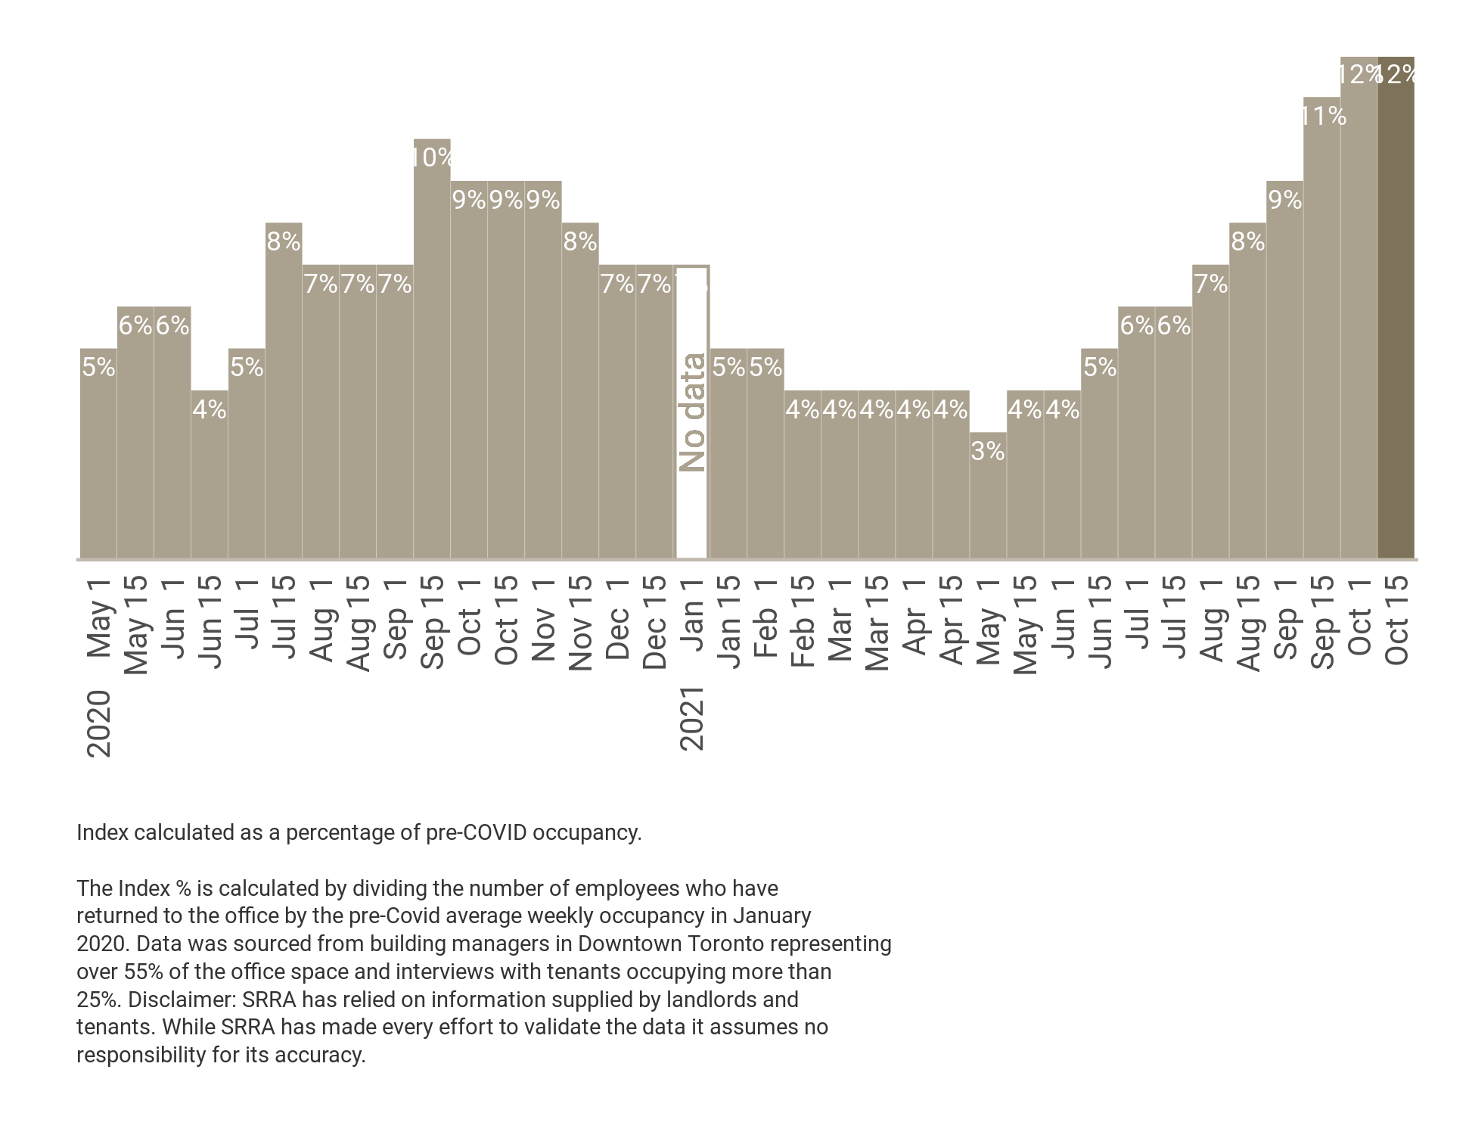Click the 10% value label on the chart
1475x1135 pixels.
(433, 157)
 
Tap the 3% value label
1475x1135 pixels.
(987, 451)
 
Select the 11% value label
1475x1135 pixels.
(1324, 116)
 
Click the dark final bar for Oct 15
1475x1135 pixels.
(1396, 318)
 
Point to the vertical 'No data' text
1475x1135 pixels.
(692, 412)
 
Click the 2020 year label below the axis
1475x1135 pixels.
(99, 723)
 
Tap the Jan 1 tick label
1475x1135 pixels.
(692, 617)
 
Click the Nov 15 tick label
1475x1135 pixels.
(580, 623)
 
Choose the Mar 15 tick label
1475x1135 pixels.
(877, 623)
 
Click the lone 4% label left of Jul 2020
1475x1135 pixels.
(209, 409)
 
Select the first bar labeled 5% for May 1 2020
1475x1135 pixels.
(98, 454)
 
